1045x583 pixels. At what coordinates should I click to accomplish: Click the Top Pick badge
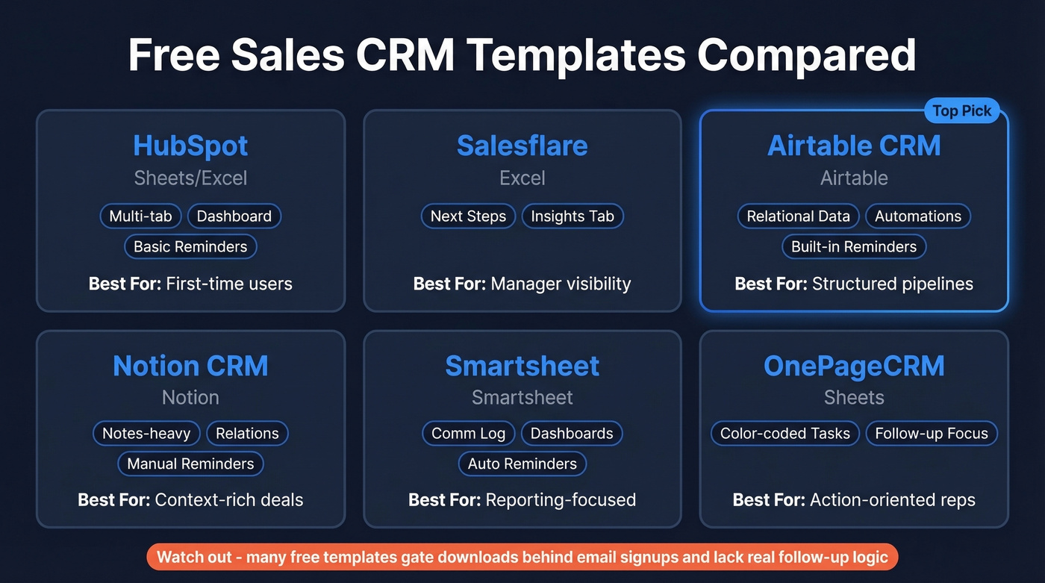click(961, 111)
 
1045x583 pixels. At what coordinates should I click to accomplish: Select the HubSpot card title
click(190, 146)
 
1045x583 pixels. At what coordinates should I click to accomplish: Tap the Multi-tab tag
click(140, 216)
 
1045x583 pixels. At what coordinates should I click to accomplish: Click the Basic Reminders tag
click(190, 246)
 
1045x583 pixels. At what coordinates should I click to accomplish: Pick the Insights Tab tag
click(573, 216)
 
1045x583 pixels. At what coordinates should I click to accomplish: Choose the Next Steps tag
click(468, 216)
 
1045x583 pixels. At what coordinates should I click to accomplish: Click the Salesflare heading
click(522, 146)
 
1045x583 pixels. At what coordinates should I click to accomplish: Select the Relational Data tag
click(798, 216)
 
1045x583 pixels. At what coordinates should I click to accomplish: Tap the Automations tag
click(918, 216)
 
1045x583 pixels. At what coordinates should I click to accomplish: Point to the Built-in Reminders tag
click(854, 246)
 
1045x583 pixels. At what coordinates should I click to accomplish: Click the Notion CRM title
click(190, 366)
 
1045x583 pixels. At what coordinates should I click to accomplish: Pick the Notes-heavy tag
click(146, 434)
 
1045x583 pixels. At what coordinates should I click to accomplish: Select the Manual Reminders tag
click(190, 464)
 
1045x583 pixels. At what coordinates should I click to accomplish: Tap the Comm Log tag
click(468, 434)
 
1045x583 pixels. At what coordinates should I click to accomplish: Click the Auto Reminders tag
click(522, 464)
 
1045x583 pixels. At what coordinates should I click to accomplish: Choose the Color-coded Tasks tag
click(784, 434)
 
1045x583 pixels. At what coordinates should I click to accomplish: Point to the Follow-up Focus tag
click(931, 434)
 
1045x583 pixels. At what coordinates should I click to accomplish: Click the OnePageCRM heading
click(854, 366)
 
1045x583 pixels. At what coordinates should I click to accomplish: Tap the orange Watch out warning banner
click(522, 557)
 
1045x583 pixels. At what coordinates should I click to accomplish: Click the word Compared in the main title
click(806, 56)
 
